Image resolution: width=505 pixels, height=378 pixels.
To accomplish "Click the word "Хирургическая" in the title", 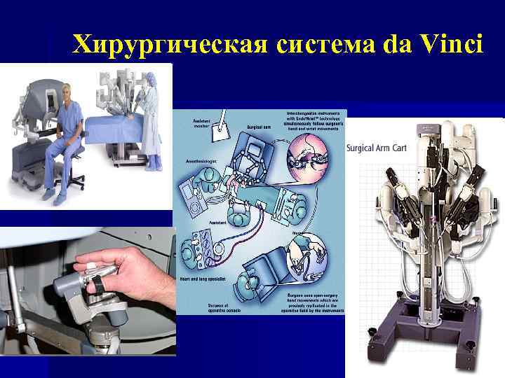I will [x=168, y=45].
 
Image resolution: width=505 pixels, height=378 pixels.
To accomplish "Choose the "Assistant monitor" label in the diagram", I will [x=202, y=122].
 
